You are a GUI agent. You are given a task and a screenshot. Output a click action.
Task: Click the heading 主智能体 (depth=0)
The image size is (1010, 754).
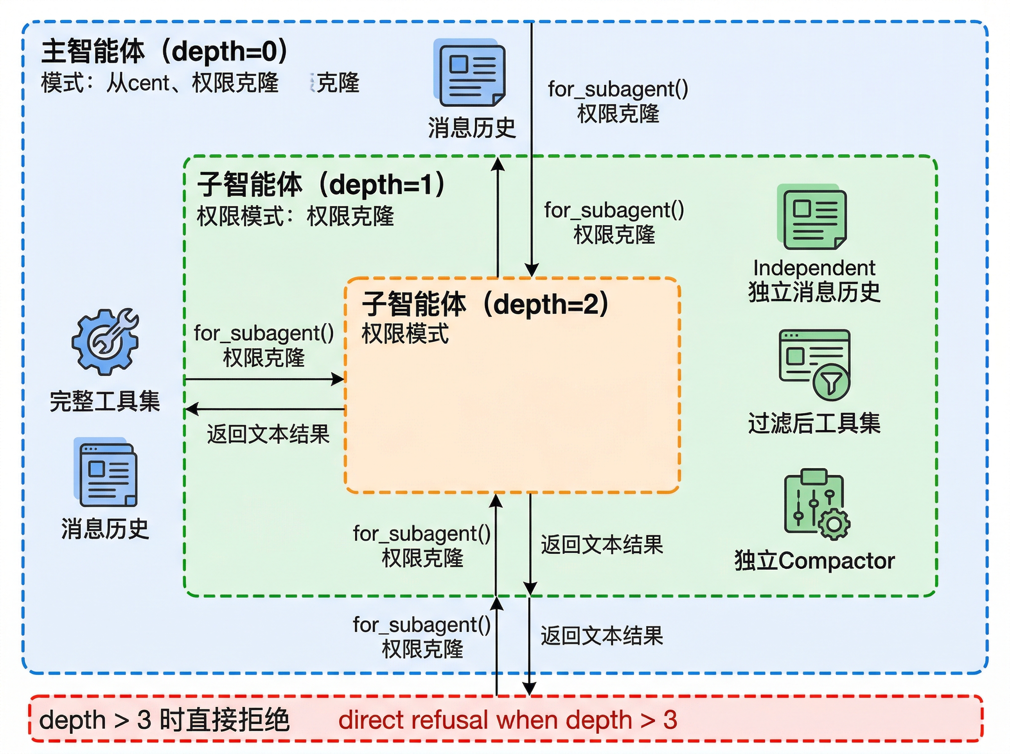pos(164,51)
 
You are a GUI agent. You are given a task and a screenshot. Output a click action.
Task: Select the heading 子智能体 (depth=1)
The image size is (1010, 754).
pos(320,184)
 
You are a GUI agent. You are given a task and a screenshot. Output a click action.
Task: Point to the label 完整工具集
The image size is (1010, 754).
pos(104,402)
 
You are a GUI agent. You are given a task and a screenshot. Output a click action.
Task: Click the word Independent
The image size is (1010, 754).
pos(814,268)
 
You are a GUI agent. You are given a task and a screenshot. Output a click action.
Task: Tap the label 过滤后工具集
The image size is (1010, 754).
pos(814,423)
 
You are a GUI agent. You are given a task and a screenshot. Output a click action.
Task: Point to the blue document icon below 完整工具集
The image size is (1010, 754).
pos(106,473)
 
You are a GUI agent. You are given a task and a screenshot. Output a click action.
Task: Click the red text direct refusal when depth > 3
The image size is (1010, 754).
pos(508,720)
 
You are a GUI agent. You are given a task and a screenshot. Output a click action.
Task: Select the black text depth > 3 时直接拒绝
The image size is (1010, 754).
pos(164,720)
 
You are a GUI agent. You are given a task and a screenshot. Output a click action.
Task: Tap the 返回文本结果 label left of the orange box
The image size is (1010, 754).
pos(268,434)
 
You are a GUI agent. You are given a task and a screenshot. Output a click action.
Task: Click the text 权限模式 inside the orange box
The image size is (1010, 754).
pos(405,334)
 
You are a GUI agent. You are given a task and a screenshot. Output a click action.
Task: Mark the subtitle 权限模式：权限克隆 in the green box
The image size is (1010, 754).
pos(295,216)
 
